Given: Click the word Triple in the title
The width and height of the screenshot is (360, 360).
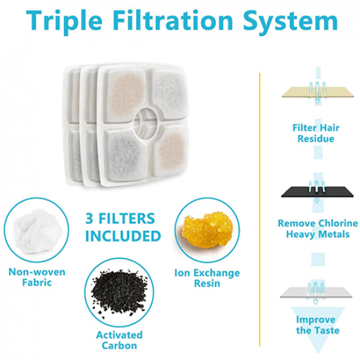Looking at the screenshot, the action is coord(64,21).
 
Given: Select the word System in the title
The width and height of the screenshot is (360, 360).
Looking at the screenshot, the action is coord(291,22).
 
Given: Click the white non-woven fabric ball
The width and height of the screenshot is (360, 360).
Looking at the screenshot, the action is coord(38,231).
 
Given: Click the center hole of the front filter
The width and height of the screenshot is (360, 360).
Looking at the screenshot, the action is coord(146,121).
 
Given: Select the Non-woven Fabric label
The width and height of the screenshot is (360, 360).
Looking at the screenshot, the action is coord(37,277).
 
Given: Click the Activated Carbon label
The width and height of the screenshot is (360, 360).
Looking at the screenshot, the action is coord(119,340).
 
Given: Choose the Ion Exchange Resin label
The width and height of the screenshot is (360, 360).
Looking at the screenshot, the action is coord(207,278).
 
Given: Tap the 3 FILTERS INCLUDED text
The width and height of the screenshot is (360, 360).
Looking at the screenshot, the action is coord(123,228).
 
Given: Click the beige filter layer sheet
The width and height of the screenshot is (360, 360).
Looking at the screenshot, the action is coord(318,92).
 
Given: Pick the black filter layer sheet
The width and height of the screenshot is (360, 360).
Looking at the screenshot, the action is coord(317,192).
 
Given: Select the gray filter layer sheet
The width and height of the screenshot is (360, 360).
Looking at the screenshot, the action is coord(316,293).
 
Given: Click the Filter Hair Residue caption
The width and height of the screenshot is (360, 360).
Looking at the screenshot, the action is coord(316,134).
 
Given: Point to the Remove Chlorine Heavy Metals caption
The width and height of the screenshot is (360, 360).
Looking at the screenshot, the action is coord(317,229).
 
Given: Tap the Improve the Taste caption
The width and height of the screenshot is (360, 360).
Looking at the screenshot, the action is coord(317,325).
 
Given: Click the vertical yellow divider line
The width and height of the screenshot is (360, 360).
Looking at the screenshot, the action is coord(260,209).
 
